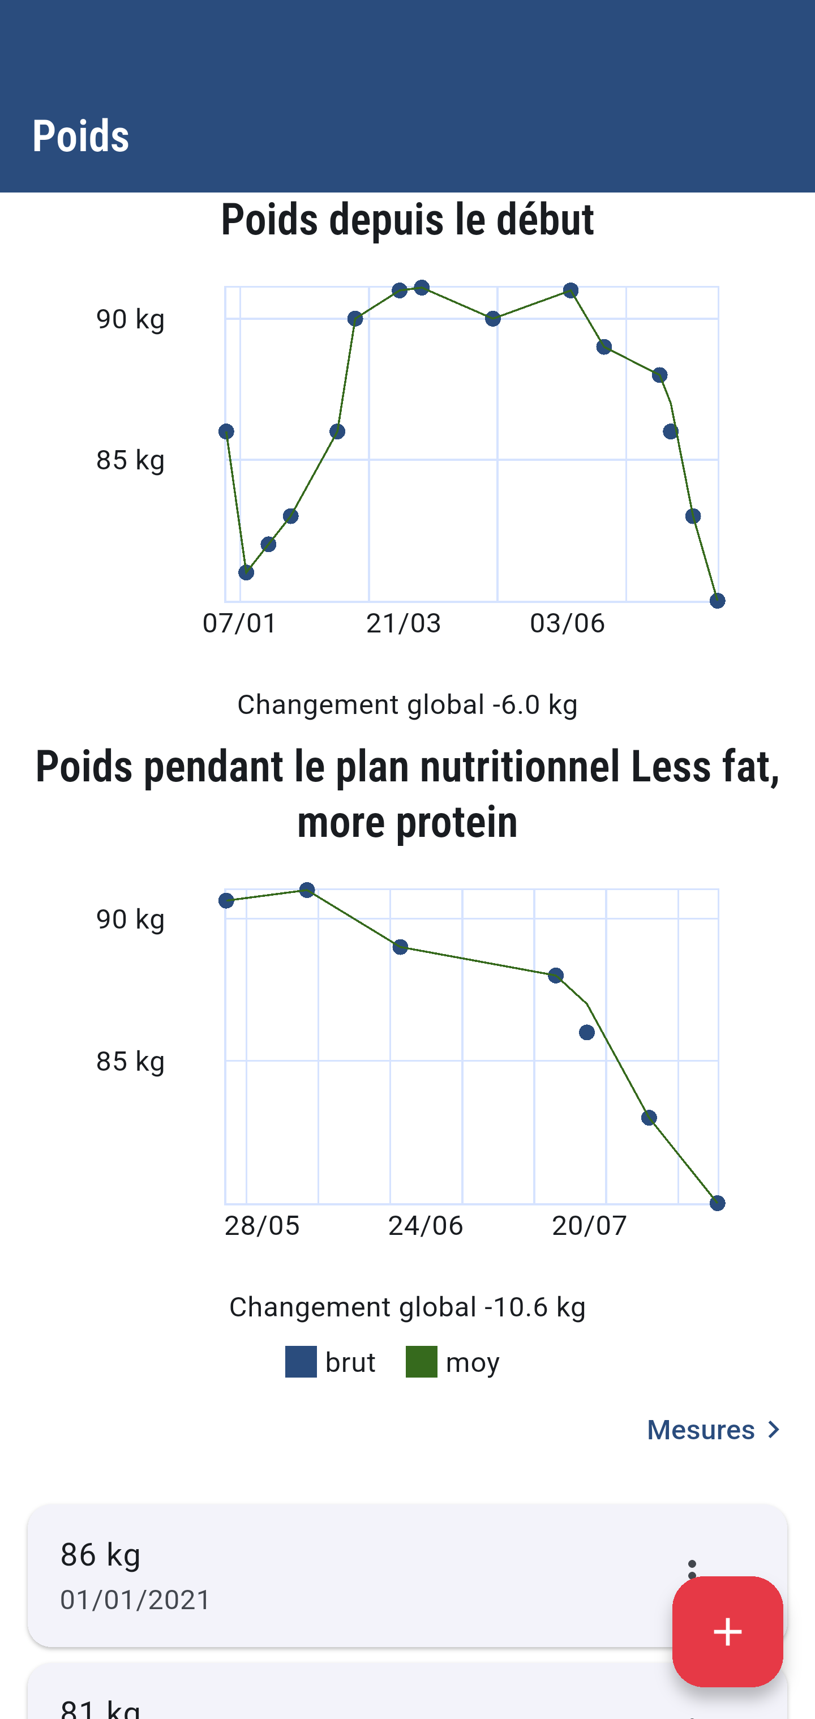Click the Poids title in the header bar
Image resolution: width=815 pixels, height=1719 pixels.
click(x=81, y=136)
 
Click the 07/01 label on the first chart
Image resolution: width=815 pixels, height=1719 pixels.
click(x=239, y=623)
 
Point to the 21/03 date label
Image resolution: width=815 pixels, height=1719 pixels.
click(x=404, y=623)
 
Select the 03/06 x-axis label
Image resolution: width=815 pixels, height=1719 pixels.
click(x=567, y=623)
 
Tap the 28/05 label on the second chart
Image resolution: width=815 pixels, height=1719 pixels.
click(x=261, y=1226)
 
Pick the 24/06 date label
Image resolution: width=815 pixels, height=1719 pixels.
click(x=426, y=1226)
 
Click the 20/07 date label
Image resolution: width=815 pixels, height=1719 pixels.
click(x=589, y=1226)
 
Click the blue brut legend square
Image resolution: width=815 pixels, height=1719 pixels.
click(x=301, y=1362)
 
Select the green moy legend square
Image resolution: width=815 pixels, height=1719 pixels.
click(x=422, y=1362)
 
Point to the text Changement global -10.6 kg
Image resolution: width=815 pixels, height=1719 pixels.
click(x=407, y=1307)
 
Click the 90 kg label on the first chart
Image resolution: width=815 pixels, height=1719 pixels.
click(x=130, y=319)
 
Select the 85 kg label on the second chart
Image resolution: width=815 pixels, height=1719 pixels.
click(x=130, y=1061)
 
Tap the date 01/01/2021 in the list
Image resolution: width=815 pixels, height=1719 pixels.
click(x=135, y=1600)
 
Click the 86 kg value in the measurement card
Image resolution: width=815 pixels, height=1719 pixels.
click(x=101, y=1555)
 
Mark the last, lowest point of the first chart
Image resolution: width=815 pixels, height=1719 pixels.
click(x=717, y=601)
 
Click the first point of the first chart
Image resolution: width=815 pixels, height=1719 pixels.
click(x=226, y=432)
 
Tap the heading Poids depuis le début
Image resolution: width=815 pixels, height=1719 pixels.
click(x=407, y=220)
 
